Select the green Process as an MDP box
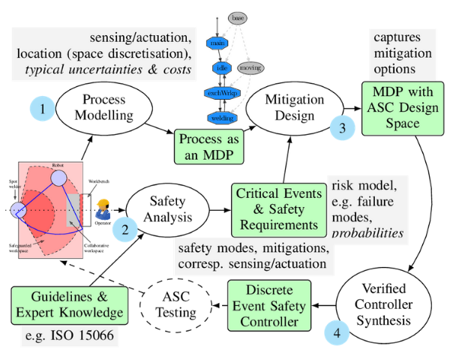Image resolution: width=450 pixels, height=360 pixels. (210, 148)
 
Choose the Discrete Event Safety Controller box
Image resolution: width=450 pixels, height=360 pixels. (268, 304)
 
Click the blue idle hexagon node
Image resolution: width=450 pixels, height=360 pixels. (221, 68)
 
